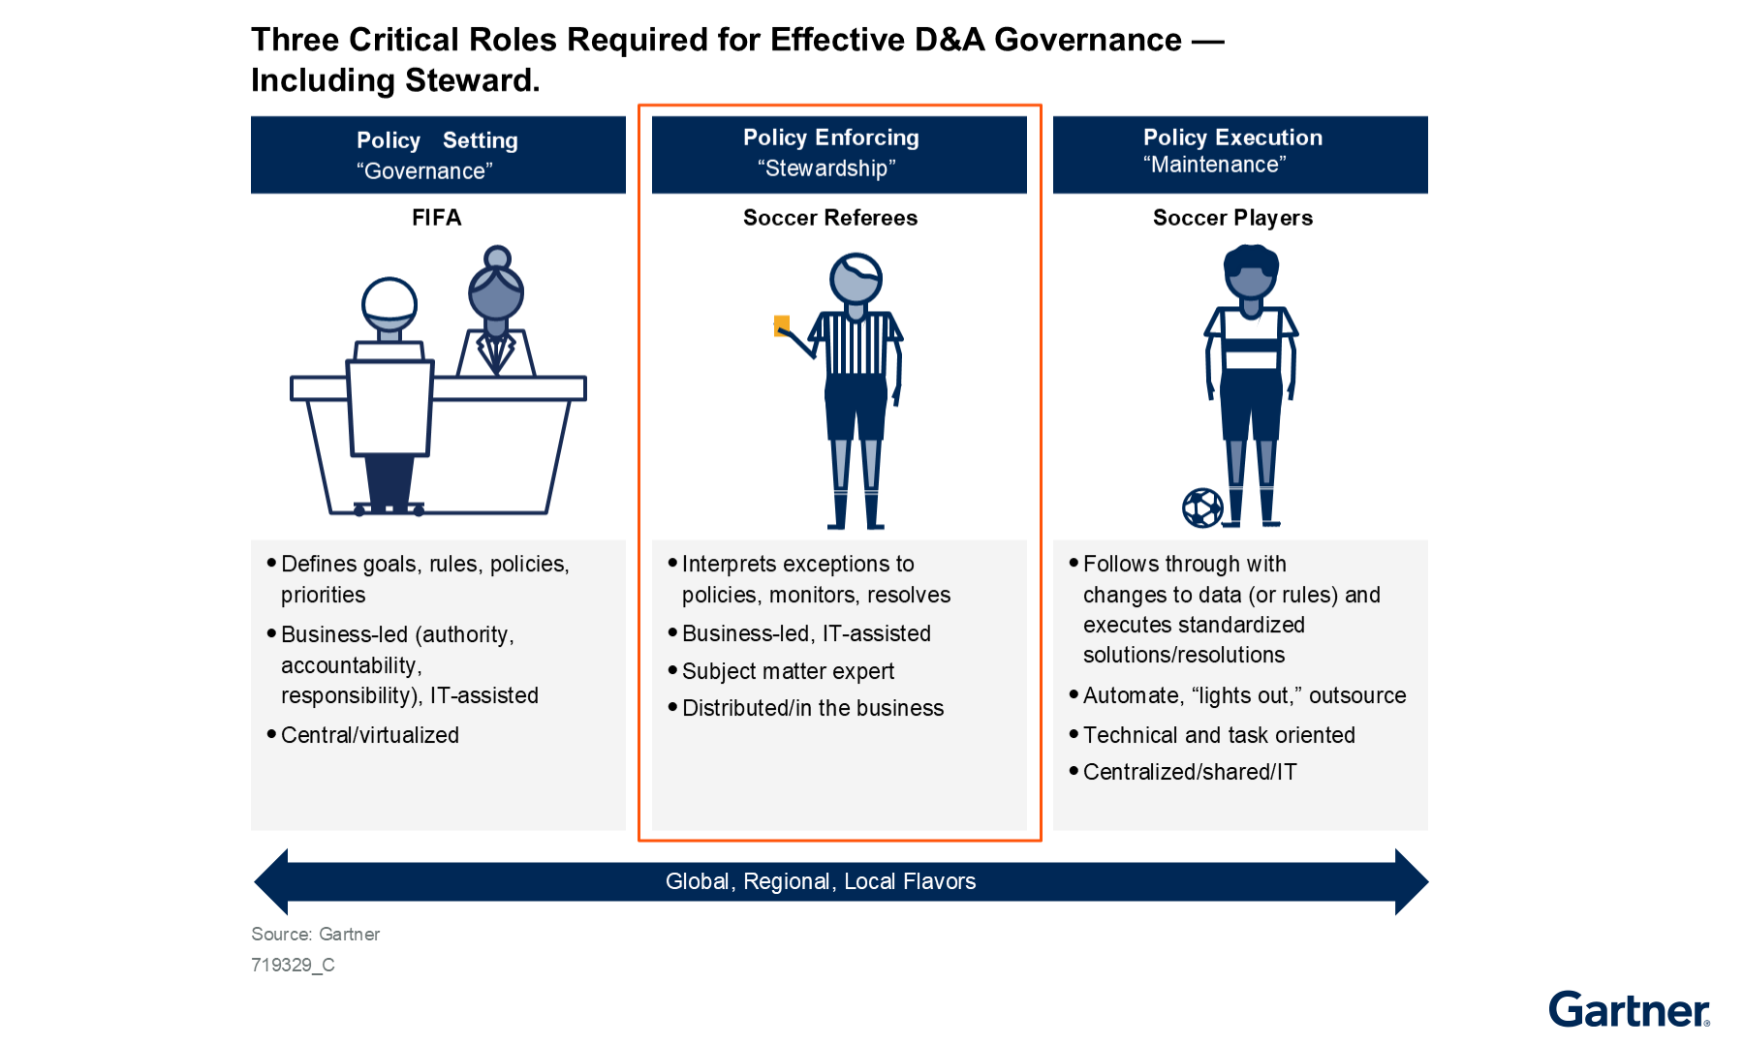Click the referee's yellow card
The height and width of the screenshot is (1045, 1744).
coord(782,325)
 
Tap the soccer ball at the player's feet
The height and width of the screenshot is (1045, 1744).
coord(1202,507)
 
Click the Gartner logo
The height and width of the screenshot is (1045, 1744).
coord(1630,1009)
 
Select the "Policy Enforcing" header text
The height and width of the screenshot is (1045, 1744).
coord(831,138)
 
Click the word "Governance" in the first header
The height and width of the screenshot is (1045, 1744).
coord(424,171)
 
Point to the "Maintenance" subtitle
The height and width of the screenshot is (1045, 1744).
coord(1215,165)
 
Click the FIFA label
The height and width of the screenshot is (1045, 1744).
coord(437,218)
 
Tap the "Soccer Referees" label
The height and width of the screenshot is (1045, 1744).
coord(830,218)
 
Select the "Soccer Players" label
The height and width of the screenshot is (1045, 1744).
coord(1232,218)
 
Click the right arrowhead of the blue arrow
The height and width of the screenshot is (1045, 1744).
coord(1412,881)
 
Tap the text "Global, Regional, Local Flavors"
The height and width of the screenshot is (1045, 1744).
coord(821,881)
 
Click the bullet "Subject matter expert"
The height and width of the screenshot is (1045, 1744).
coord(788,671)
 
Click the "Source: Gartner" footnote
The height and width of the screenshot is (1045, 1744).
coord(316,935)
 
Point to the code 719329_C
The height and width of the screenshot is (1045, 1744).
coord(293,965)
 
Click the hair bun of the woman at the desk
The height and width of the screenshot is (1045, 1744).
coord(497,258)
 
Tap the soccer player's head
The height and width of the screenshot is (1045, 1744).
coord(1251,271)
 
